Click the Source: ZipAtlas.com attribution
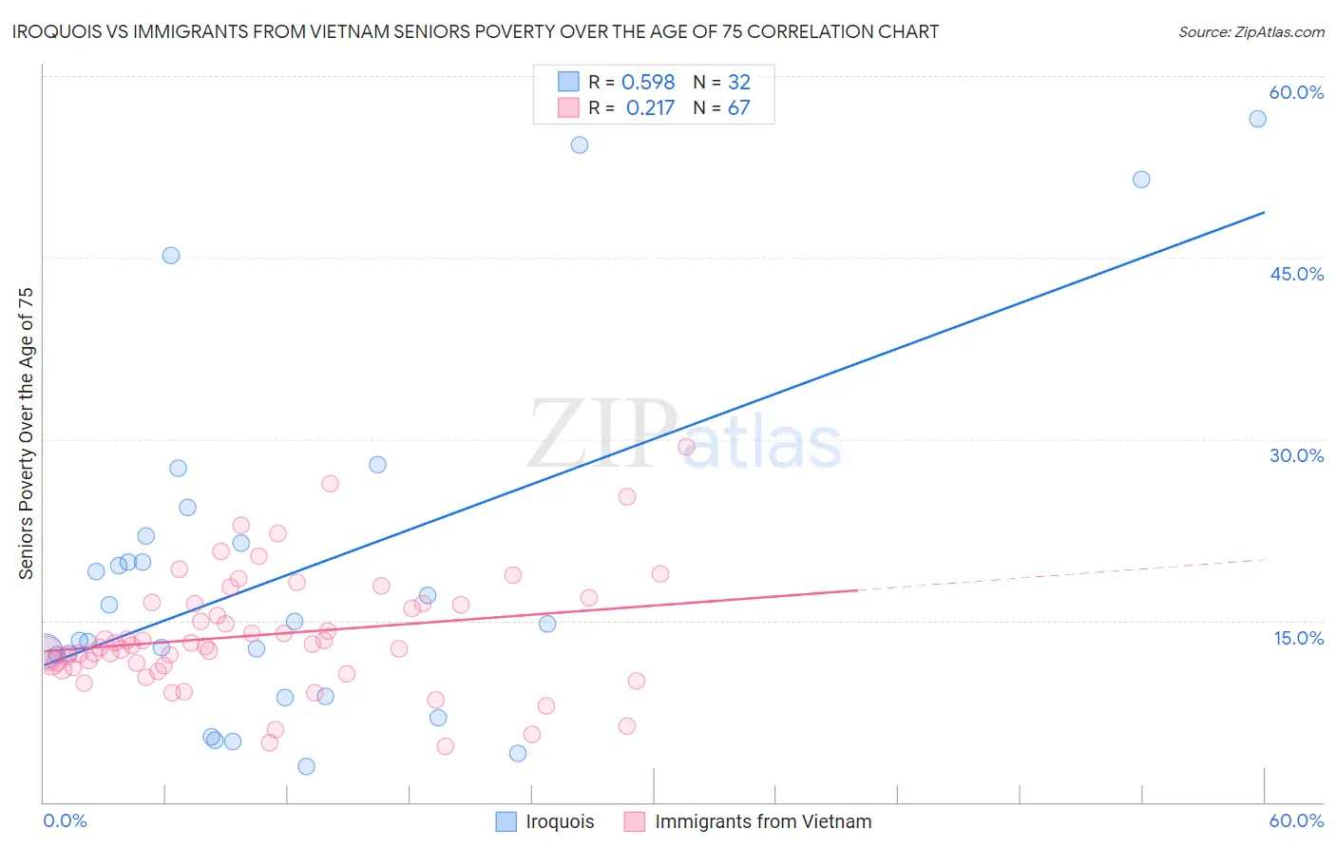point(1250,31)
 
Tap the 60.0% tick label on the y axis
point(1296,92)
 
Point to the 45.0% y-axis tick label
point(1296,274)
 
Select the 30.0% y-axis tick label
point(1296,455)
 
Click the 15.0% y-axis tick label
point(1298,638)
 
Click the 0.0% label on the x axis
point(65,820)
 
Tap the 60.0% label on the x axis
point(1296,820)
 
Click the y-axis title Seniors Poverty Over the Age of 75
point(26,433)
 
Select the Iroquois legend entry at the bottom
point(545,821)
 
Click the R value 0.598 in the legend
point(648,83)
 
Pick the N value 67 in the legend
point(738,108)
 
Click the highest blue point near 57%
point(1257,119)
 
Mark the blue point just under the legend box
point(580,145)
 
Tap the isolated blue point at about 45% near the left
point(171,256)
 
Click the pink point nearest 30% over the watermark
point(686,447)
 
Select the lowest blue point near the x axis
point(306,766)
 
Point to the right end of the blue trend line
point(1264,212)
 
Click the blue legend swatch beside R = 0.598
point(568,82)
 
